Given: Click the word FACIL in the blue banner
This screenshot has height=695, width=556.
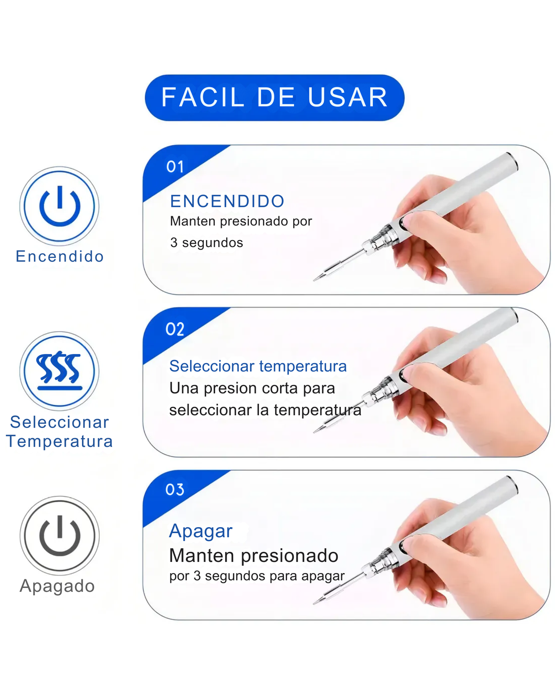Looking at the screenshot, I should pos(203,97).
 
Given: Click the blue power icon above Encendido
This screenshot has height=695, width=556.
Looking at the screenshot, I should pos(60,206).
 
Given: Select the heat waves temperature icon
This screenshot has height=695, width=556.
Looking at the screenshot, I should pos(60,371).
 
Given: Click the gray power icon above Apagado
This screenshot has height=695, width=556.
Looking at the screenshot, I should pos(60,536).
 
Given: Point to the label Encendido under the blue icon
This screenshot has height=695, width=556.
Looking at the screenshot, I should pos(60,256).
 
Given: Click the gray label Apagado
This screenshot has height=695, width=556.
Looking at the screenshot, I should pos(57,586).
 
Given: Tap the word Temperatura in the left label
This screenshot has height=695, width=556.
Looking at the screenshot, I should pos(60,441).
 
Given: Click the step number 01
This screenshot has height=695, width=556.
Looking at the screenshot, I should pos(175,167).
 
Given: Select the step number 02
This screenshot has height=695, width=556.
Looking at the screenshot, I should pos(175,329).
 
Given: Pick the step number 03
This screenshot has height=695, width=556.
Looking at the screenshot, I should pos(175,490).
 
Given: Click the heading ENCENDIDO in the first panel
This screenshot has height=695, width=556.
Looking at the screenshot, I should pos(227,201).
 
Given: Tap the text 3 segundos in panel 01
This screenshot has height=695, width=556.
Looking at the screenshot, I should pos(207,243).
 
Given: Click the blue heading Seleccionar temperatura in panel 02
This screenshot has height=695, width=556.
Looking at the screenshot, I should pos(258,366).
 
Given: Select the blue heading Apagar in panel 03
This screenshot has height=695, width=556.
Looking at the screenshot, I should pos(201,531).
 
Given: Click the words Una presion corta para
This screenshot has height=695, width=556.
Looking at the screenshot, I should pos(252,388).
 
